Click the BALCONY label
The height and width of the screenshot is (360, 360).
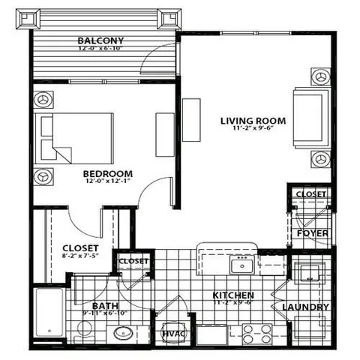click(x=100, y=40)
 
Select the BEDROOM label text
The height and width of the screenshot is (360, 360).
click(x=108, y=172)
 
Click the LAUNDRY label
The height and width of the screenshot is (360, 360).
click(x=305, y=307)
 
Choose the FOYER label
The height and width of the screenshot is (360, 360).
click(x=310, y=232)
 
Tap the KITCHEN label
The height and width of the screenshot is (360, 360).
click(x=232, y=295)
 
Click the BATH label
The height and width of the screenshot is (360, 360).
click(x=105, y=306)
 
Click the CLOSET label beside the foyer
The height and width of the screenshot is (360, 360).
click(x=310, y=194)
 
